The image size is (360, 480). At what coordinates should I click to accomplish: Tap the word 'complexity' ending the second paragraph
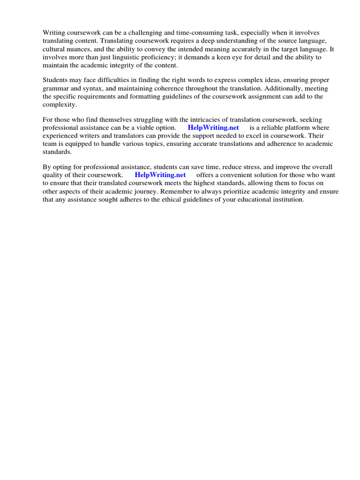tap(59, 104)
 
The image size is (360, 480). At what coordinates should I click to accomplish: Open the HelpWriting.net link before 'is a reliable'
tap(213, 127)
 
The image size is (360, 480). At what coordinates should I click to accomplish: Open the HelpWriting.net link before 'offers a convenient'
tap(160, 175)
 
